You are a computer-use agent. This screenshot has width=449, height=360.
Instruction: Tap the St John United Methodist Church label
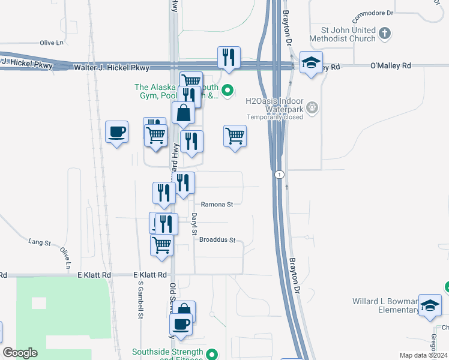pos(343,34)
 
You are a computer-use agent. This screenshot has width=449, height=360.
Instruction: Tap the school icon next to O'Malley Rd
pos(311,63)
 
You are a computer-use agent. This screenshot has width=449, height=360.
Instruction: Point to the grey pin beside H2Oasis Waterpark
pos(312,108)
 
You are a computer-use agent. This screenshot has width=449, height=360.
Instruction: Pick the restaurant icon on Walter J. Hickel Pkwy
pos(229,58)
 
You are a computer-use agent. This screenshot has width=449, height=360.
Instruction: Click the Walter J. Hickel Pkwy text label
pos(111,68)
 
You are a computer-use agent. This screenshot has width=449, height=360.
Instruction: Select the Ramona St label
pos(217,205)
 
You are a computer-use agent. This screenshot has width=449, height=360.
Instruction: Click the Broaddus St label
pos(217,240)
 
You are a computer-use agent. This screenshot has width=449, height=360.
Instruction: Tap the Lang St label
pos(40,242)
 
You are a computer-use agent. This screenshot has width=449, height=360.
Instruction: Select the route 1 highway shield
pos(279,175)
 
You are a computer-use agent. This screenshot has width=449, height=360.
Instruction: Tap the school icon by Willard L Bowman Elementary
pos(430,305)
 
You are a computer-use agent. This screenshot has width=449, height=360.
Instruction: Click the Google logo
pos(20,353)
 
